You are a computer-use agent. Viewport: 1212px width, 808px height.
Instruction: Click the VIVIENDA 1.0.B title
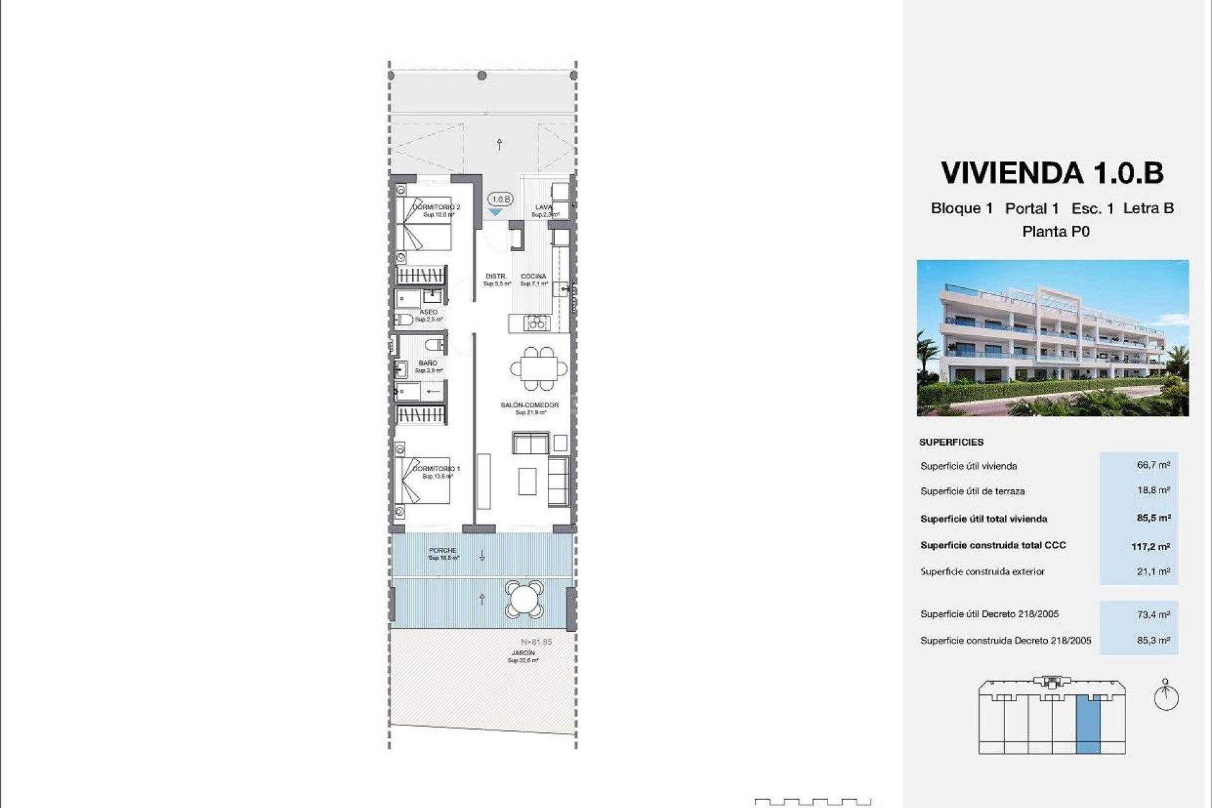tap(1052, 173)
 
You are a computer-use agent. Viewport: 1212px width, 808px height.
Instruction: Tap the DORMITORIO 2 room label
tap(436, 207)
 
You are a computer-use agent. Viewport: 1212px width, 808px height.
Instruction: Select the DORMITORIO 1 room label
tap(436, 468)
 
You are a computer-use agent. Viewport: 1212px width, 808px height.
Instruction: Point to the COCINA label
tap(533, 276)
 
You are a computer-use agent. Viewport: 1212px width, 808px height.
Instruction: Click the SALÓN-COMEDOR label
tap(530, 405)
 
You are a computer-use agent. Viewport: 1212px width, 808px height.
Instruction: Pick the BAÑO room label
tap(427, 363)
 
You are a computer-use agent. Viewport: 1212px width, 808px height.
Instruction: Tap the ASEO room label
tap(428, 312)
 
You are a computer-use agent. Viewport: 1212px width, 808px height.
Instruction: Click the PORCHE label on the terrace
tap(443, 550)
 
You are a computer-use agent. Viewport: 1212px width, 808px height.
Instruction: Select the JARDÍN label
tap(523, 653)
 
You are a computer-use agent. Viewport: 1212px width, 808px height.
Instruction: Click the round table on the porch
tap(524, 599)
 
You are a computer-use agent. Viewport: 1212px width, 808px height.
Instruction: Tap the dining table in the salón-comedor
tap(538, 368)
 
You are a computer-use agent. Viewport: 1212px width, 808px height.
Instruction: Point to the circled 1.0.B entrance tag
tap(501, 199)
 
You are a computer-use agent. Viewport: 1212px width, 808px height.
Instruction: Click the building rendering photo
tap(1052, 338)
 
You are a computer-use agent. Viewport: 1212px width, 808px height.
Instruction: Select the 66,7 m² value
tap(1153, 465)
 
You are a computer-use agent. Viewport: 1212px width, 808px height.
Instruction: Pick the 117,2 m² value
tap(1150, 546)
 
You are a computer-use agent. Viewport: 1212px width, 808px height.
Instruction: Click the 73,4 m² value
tap(1153, 614)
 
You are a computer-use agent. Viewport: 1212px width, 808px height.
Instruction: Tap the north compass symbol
tap(1166, 696)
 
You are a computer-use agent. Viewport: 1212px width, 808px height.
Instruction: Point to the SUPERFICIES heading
tap(951, 442)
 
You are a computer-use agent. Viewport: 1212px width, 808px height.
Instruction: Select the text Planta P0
tap(1055, 232)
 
